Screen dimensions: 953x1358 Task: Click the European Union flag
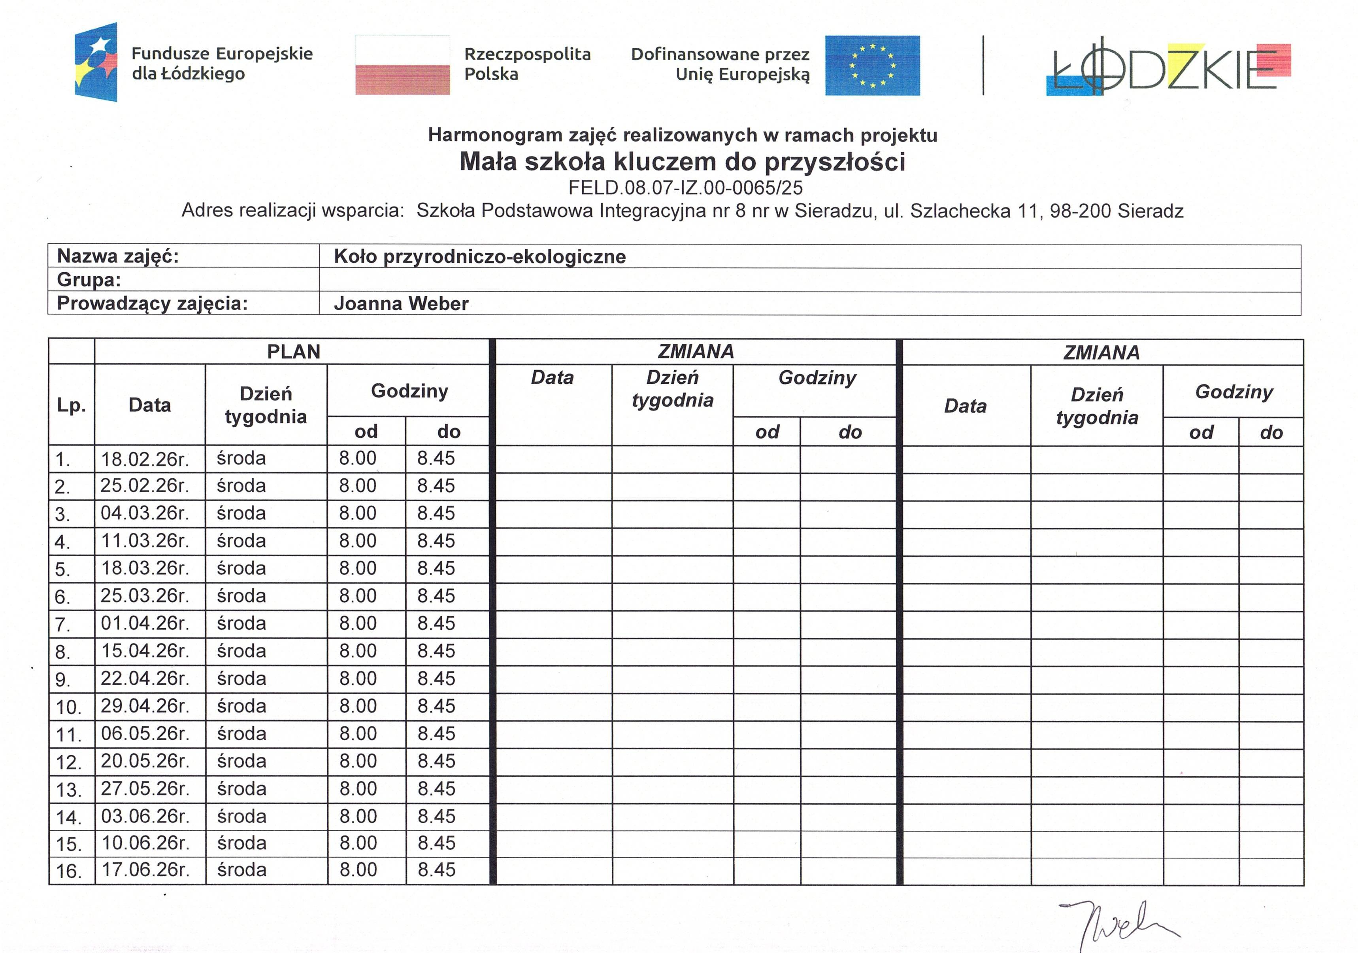pyautogui.click(x=872, y=65)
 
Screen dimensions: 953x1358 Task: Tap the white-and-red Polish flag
pyautogui.click(x=402, y=65)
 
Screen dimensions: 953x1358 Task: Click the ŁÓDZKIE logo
pyautogui.click(x=1168, y=68)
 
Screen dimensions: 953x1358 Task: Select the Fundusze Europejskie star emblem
pyautogui.click(x=96, y=62)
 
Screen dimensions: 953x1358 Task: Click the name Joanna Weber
pyautogui.click(x=401, y=304)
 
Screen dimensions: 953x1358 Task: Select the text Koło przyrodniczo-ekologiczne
pyautogui.click(x=479, y=256)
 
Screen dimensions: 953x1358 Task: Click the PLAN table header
pyautogui.click(x=293, y=352)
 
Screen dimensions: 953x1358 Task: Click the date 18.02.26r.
pyautogui.click(x=144, y=459)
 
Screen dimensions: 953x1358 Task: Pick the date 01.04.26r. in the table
pyautogui.click(x=144, y=623)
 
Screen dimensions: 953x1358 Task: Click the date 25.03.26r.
pyautogui.click(x=144, y=595)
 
